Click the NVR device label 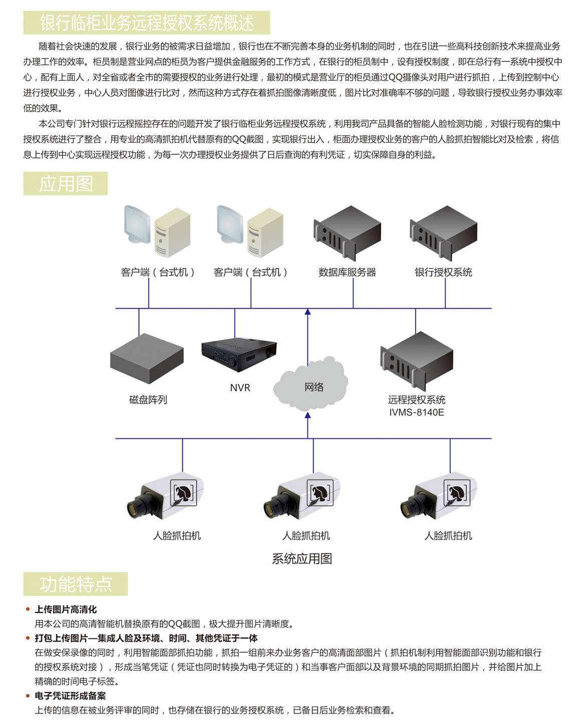coord(240,388)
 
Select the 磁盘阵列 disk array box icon coord(147,358)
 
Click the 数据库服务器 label coord(347,272)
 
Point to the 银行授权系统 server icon coord(443,233)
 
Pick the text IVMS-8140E coord(417,412)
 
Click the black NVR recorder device coord(239,354)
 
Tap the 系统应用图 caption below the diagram coord(302,559)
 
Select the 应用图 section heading coord(66,183)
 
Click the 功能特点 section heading coord(76,584)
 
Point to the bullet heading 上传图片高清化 coord(66,609)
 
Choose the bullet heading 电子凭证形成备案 coord(70,695)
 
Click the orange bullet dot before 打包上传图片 coord(28,638)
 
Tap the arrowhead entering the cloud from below coord(308,415)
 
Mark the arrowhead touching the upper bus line coord(308,312)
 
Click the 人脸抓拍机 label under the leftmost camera coord(177,536)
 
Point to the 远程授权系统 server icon coord(417,361)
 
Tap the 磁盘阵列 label coord(148,400)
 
